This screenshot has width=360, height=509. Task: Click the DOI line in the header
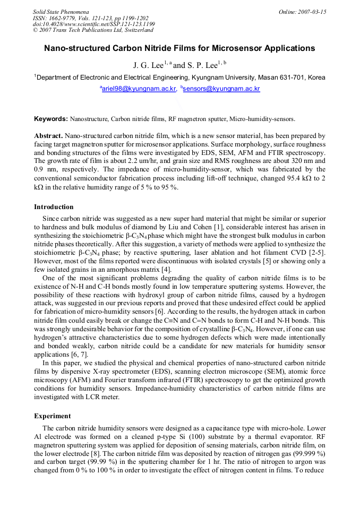coord(94,24)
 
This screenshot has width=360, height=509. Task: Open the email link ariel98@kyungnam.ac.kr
coord(139,89)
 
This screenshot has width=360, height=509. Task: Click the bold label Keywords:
coord(51,119)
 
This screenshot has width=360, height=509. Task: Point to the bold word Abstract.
coord(49,136)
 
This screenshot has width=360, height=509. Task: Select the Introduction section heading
coord(54,206)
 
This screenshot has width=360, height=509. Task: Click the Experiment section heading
coord(52,416)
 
